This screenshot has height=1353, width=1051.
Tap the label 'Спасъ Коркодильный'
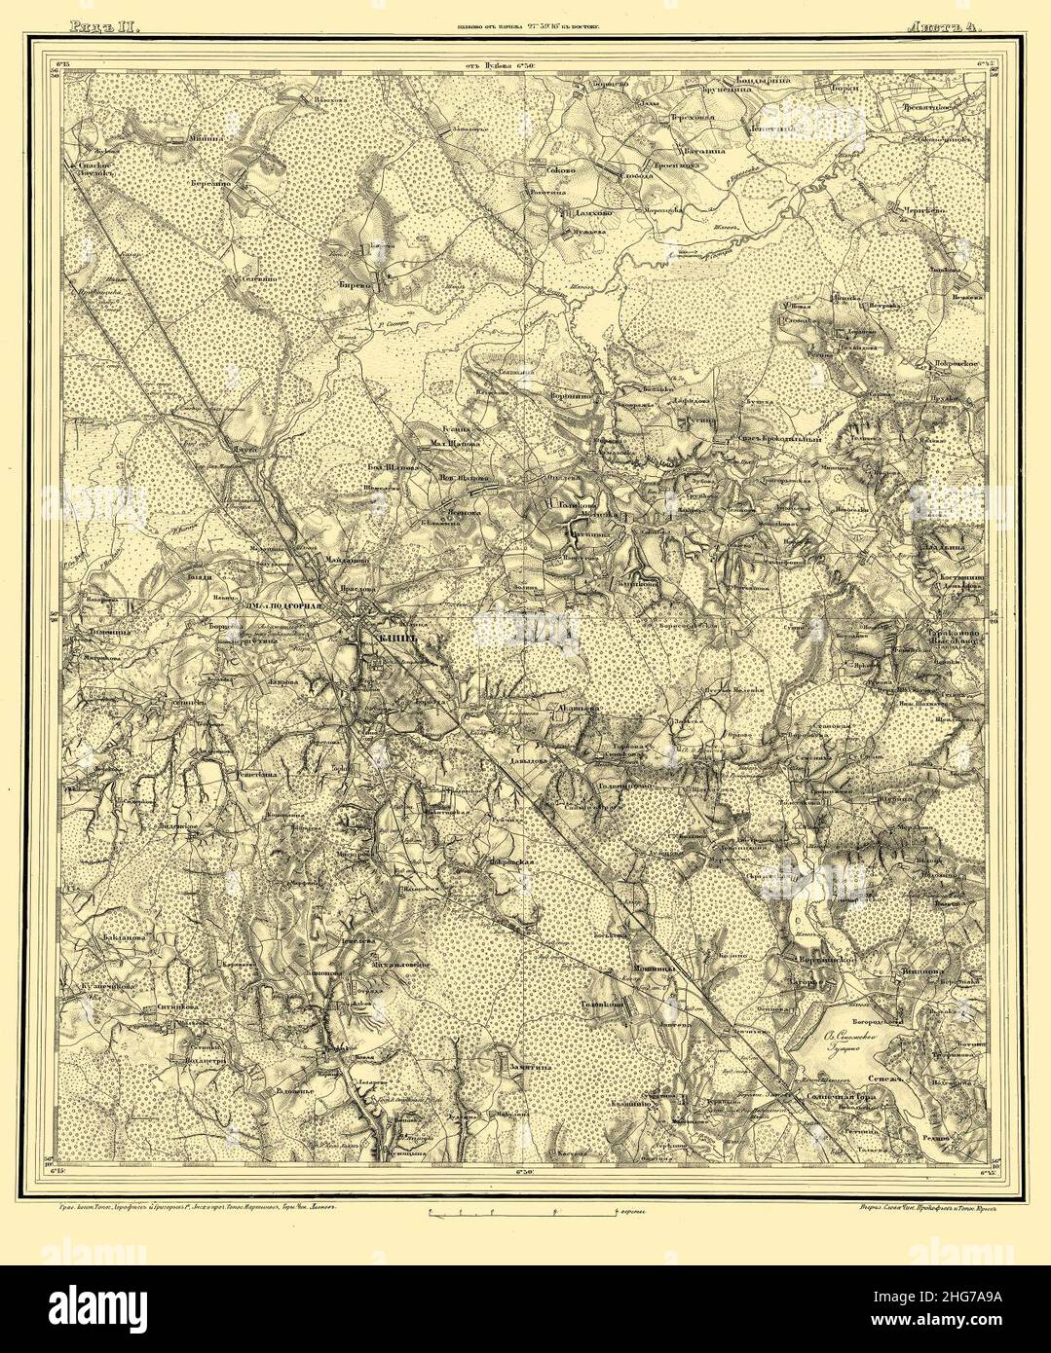click(779, 439)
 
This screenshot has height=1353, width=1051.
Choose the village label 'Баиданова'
click(122, 938)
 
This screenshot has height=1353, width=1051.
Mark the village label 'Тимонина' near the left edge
click(93, 630)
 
